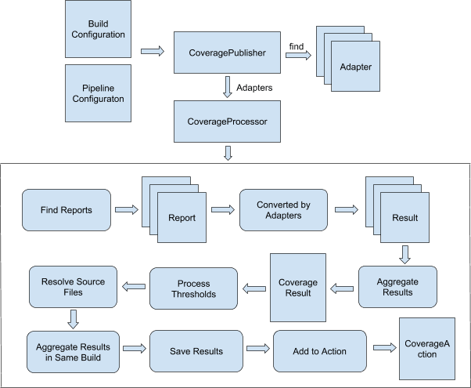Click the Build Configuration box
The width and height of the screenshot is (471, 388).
[x=98, y=29]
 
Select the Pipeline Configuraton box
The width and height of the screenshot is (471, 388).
[x=98, y=92]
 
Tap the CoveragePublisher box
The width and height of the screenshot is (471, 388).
[x=227, y=53]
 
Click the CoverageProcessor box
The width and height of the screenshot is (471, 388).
[x=227, y=121]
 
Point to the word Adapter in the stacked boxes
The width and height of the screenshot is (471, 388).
[x=355, y=67]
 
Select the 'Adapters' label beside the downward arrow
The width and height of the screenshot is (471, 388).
[x=254, y=88]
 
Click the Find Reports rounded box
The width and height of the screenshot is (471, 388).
[x=67, y=210]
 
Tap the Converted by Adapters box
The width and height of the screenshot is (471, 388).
[x=283, y=210]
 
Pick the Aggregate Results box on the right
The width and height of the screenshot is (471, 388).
[x=398, y=287]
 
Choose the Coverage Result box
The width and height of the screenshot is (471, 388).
[x=298, y=287]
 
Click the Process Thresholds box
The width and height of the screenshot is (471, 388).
[x=192, y=288]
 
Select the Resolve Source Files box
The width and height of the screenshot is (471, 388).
[x=67, y=287]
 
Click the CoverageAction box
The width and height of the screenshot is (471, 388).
[x=426, y=349]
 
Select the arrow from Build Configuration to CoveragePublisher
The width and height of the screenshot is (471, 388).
[x=153, y=53]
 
